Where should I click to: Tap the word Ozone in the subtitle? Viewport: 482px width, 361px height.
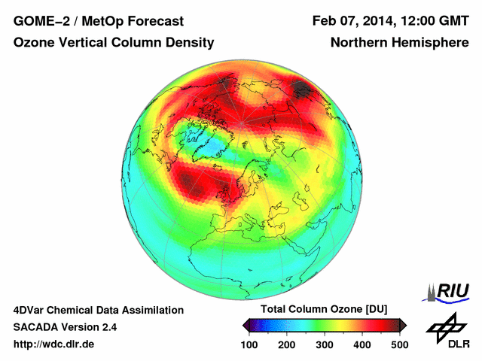coord(33,44)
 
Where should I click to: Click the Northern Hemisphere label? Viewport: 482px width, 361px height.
coord(399,44)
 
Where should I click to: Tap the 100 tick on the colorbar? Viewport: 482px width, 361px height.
coord(250,344)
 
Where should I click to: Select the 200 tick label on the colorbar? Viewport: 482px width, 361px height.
coord(287,344)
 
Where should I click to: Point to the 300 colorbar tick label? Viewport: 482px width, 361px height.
coord(325,344)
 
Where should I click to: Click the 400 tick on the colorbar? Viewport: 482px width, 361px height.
coord(361,344)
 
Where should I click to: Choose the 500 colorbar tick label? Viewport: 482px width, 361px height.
coord(399,344)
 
